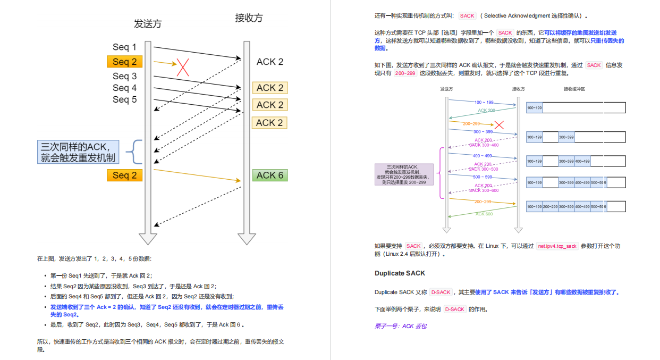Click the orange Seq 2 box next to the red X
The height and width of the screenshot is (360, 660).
[x=124, y=62]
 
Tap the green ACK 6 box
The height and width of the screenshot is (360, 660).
[x=270, y=175]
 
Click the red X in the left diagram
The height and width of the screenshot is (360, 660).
[x=183, y=67]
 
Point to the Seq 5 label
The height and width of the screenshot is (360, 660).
[x=124, y=99]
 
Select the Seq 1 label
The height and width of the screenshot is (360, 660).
[x=124, y=47]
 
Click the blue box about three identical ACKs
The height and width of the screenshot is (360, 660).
[x=78, y=152]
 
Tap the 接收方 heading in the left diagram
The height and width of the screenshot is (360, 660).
[x=249, y=18]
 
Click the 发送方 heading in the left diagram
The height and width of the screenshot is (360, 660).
[x=148, y=24]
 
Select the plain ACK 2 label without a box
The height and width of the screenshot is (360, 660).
[x=270, y=62]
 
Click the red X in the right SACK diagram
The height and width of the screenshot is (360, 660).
[x=499, y=125]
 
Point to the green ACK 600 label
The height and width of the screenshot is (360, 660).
[x=484, y=214]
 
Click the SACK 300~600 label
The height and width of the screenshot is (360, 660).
[x=484, y=190]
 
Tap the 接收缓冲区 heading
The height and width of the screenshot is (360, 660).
[x=574, y=89]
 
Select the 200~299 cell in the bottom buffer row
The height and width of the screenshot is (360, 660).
[x=550, y=206]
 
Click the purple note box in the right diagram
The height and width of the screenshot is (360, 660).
[x=404, y=174]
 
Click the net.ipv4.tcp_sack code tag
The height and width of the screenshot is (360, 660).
[x=557, y=246]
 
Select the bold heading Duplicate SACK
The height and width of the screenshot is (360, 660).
[x=400, y=273]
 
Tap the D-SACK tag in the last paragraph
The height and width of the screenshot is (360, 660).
[x=454, y=309]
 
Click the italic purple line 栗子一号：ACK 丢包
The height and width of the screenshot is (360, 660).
[x=400, y=326]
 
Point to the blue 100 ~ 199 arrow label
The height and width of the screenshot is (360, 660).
[x=484, y=102]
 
